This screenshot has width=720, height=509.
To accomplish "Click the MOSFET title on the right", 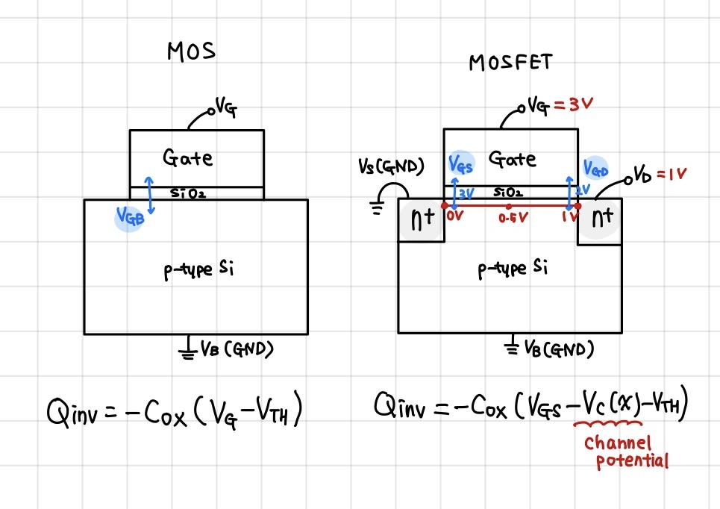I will tap(510, 62).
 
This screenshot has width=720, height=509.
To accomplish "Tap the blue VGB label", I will tap(128, 216).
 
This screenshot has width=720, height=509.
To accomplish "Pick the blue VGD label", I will tap(595, 168).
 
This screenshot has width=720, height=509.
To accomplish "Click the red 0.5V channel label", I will tap(509, 219).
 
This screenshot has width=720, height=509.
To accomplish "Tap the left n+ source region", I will tap(421, 221).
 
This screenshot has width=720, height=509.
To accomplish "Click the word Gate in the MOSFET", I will tap(512, 158).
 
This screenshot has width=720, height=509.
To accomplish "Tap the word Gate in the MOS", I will tap(187, 157).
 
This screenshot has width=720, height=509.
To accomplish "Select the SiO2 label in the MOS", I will tap(187, 193).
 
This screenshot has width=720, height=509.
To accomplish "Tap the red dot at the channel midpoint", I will tap(509, 205).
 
